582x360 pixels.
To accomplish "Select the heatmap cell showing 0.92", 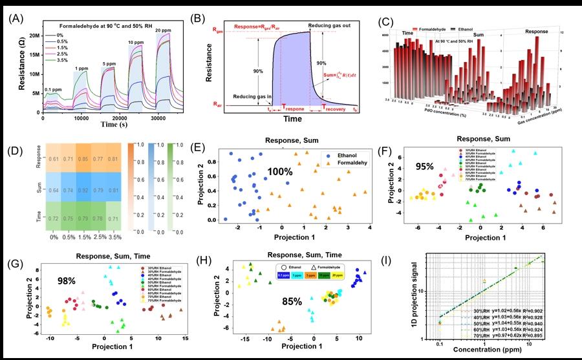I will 83,191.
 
